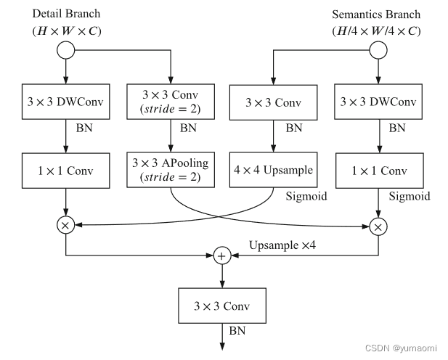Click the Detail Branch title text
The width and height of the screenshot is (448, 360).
tap(65, 14)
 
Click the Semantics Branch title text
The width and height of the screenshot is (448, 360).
tap(375, 14)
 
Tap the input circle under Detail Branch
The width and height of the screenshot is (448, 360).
tap(66, 50)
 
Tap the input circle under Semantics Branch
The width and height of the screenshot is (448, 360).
tap(378, 50)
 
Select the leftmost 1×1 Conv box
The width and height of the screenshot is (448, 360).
tap(66, 171)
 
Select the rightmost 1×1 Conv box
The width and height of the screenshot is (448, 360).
tap(378, 171)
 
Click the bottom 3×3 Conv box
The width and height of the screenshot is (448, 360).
tap(221, 306)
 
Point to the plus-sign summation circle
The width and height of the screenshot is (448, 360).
tap(221, 255)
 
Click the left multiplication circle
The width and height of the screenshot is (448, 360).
tap(66, 226)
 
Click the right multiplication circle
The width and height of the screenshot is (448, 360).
tap(378, 226)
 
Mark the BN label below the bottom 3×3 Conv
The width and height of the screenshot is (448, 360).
tap(238, 330)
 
